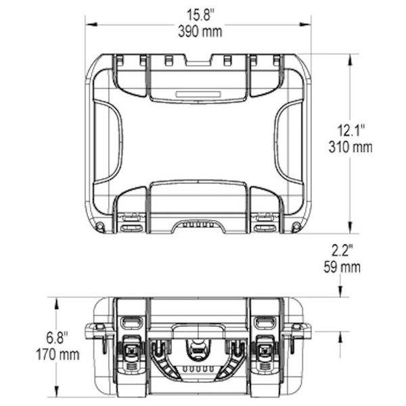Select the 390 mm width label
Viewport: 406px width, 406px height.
(x=200, y=30)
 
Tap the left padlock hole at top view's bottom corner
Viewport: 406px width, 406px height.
(x=99, y=225)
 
